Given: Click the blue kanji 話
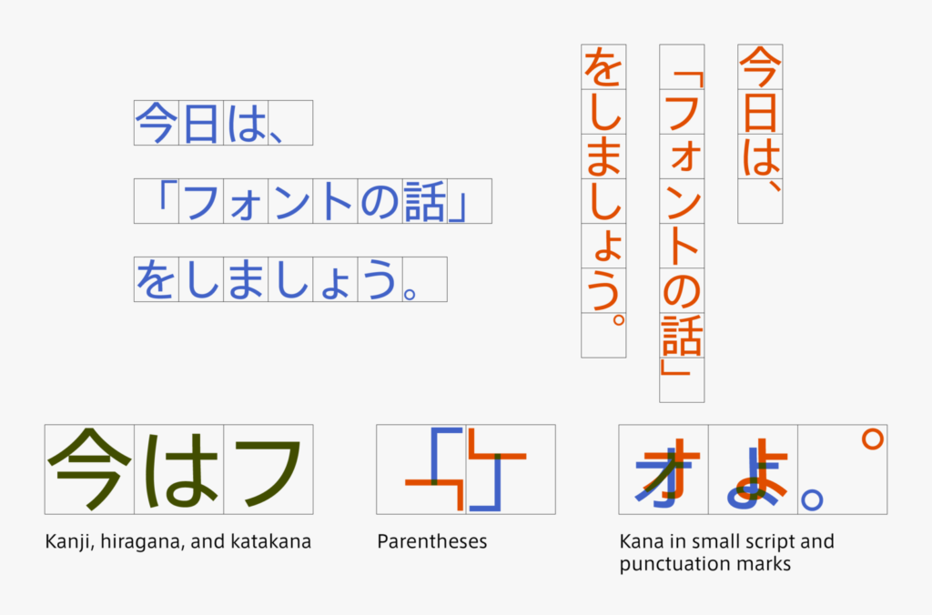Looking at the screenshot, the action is point(424,201).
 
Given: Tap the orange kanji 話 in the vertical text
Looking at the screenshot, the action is point(682,336).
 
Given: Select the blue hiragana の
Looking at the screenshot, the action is point(380,202).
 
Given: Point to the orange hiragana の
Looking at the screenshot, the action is point(682,291).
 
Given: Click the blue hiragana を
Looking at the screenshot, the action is point(156,280).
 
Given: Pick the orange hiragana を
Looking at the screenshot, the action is point(603,67).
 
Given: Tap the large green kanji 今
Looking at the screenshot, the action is point(89,469).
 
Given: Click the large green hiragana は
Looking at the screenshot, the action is point(179,470).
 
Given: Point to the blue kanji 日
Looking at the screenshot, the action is point(201,123).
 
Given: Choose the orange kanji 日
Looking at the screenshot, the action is point(760,112).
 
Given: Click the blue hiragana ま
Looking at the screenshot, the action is point(246,280).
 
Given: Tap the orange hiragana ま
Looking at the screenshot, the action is point(603,156).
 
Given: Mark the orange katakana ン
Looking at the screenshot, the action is point(682,201).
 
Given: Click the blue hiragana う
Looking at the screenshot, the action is point(380,279).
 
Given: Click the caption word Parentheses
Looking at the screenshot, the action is point(432,542).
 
